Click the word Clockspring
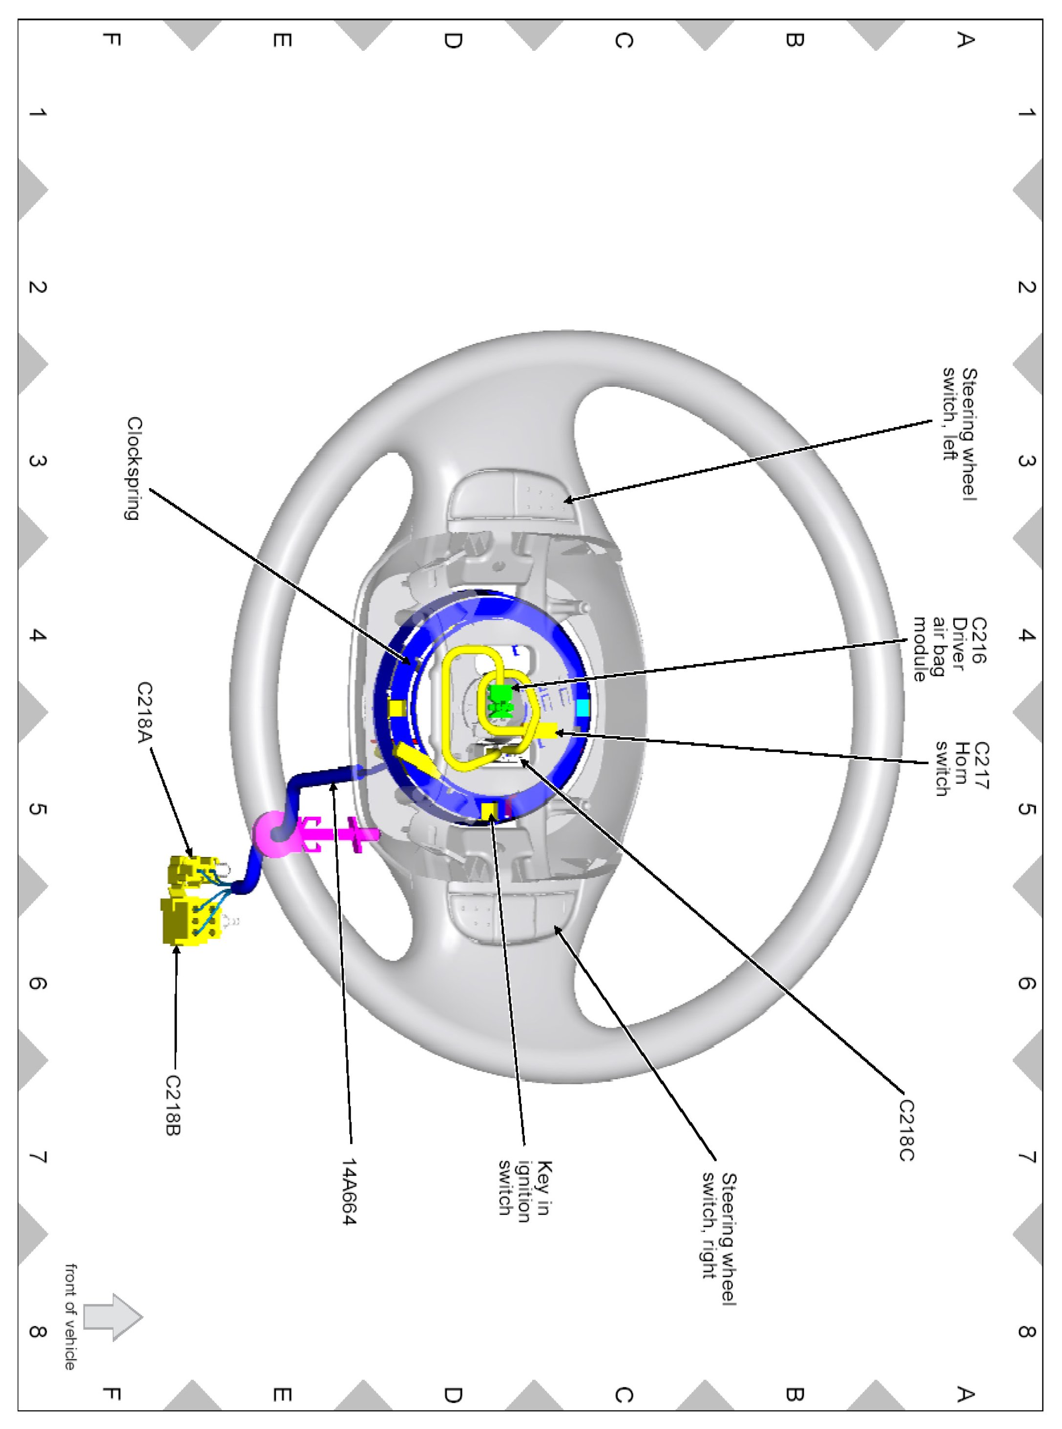point(134,468)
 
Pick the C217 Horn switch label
point(962,768)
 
